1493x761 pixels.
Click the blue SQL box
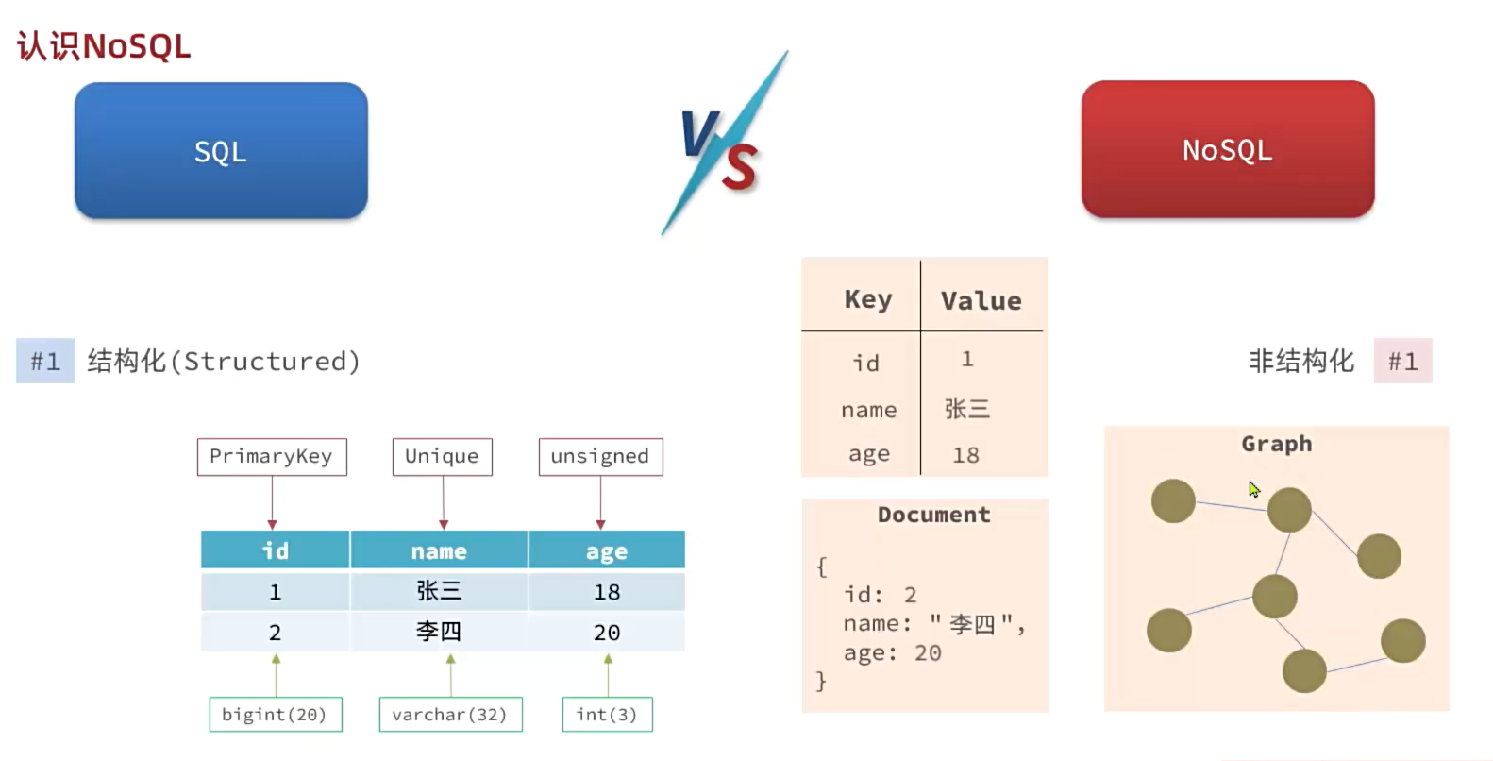tap(221, 151)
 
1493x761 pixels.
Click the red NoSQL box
tap(1227, 149)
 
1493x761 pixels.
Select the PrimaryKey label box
tap(271, 456)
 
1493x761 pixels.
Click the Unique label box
tap(442, 456)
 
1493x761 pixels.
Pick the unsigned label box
tap(600, 456)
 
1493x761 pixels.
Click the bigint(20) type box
tap(275, 714)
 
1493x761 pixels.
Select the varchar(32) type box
tap(450, 714)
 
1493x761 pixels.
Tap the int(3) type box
tap(607, 714)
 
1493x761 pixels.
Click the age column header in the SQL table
tap(606, 550)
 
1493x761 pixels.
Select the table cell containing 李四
tap(439, 631)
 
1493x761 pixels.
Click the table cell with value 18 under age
tap(606, 592)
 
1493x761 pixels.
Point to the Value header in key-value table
tap(981, 300)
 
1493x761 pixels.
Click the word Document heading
tap(933, 515)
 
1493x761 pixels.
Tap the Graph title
tap(1276, 444)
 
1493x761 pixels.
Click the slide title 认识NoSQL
tap(104, 45)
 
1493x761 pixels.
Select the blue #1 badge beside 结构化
tap(44, 361)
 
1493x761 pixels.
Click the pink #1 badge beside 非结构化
tap(1402, 361)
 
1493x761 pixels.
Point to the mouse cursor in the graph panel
tap(1253, 489)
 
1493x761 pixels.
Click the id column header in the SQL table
tap(275, 550)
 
